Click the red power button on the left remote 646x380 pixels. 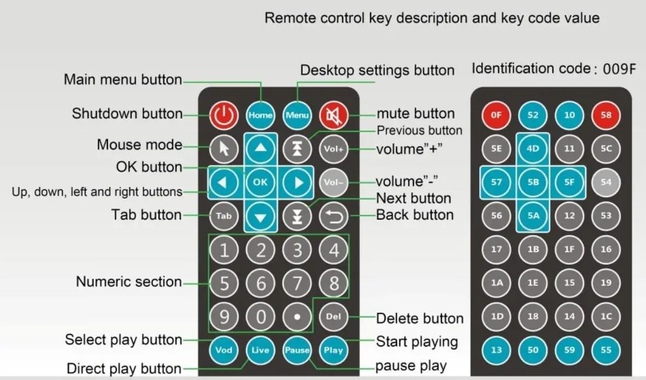[224, 115]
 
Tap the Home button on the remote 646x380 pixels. [260, 115]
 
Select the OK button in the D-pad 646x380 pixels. [260, 182]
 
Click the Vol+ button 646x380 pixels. [333, 148]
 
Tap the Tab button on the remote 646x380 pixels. [224, 216]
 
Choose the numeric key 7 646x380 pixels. [297, 284]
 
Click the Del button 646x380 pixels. [333, 316]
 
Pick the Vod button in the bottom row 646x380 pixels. [224, 349]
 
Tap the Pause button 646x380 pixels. [297, 349]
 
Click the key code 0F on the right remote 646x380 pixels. [496, 116]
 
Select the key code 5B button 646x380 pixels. [533, 182]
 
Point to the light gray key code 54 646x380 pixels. [606, 182]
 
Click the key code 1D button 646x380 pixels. [496, 316]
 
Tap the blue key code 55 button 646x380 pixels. [606, 349]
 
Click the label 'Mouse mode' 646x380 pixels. [139, 145]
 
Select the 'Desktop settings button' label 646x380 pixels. [377, 71]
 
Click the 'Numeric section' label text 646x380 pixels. [129, 282]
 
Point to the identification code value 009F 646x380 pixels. [619, 70]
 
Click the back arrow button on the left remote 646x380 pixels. [333, 216]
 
